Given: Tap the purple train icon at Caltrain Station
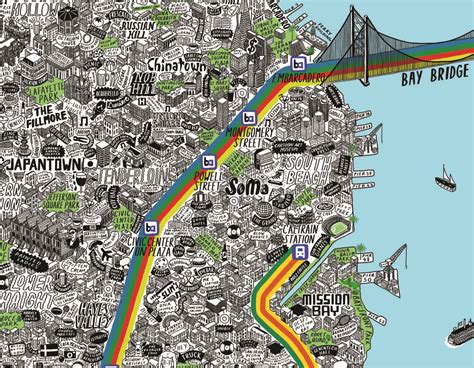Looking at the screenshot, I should [298, 253].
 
